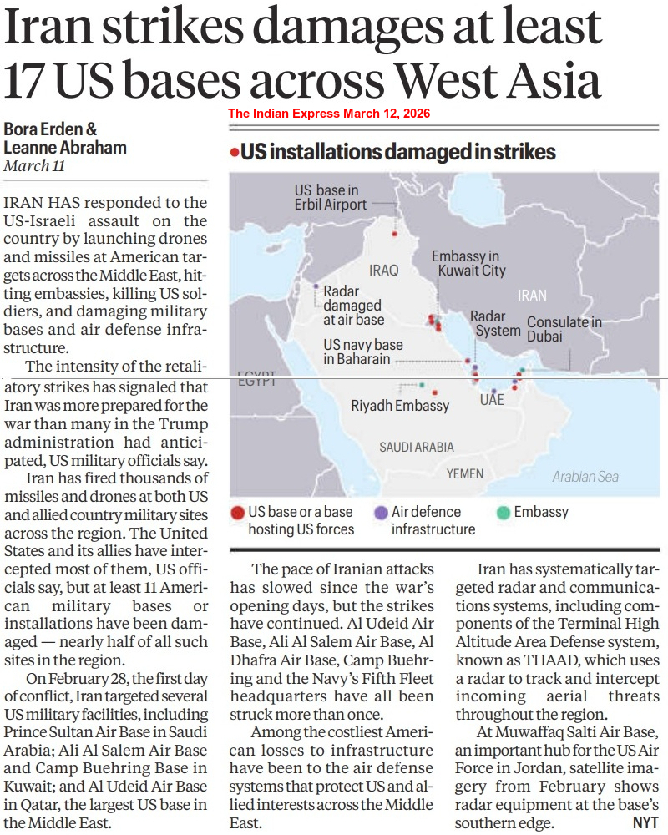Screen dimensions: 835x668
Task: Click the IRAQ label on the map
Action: pos(384,271)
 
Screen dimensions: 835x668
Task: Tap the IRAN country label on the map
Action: pos(532,295)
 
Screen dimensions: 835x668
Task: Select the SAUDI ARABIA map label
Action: pos(417,448)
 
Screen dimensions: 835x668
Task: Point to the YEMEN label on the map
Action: pos(465,473)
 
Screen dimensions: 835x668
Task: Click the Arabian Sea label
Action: pos(585,476)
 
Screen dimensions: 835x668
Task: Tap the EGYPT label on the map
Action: pos(256,381)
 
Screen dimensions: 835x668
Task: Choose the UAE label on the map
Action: pos(492,401)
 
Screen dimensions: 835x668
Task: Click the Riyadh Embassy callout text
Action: pos(400,407)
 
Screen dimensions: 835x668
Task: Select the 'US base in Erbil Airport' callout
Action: pos(330,197)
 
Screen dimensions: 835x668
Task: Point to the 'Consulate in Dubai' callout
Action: pos(564,329)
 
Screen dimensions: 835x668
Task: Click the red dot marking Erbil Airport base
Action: pos(394,234)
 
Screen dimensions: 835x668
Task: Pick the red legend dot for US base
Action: pos(237,512)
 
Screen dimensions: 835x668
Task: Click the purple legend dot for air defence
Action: pos(381,512)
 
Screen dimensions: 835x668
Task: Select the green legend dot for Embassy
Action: pos(503,512)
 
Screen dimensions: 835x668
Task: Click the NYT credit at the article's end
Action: pos(645,822)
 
